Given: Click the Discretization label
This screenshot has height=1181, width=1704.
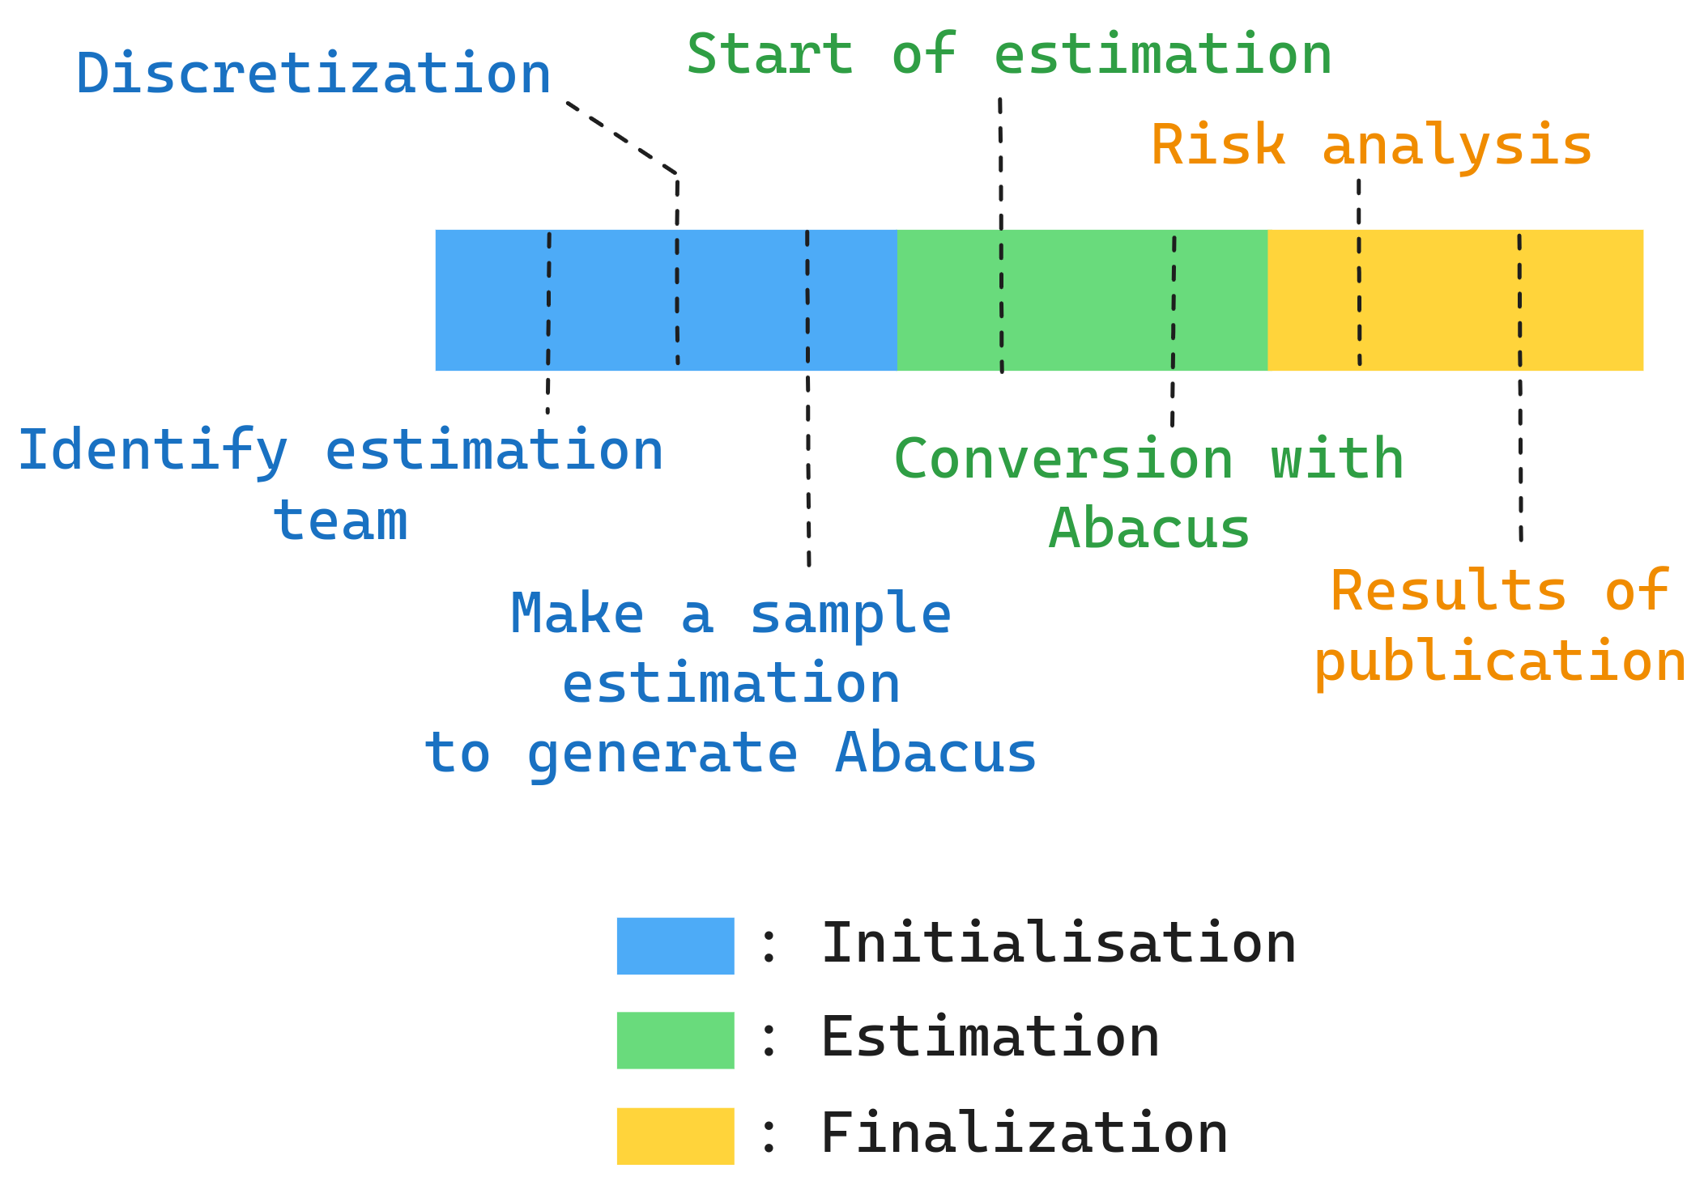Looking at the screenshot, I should point(313,74).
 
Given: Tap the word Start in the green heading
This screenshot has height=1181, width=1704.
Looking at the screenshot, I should point(769,54).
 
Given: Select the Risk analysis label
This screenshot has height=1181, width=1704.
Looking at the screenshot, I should point(1371,146).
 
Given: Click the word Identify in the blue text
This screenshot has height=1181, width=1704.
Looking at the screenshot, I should point(152,451).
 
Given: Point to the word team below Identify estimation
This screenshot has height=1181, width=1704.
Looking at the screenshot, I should point(340,520).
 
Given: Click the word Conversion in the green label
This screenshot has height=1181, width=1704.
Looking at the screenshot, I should point(1063,459).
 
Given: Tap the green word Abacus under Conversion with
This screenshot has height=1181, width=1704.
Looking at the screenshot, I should point(1148,529).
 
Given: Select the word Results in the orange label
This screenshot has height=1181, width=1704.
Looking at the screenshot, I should point(1448,591).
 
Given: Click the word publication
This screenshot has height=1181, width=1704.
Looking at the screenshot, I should point(1500,661).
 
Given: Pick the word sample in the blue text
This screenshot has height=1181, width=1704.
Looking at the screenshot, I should point(850,614).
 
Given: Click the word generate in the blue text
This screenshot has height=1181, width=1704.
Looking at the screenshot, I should point(662,754).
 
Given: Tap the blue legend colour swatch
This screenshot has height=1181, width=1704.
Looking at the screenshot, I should point(675,945).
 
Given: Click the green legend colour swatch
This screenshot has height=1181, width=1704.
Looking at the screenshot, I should point(675,1040).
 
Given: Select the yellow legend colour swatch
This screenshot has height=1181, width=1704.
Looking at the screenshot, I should point(675,1136).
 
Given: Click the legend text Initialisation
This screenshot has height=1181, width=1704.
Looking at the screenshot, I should point(1058,944).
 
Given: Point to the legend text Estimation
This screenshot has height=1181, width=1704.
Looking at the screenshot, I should point(990,1038).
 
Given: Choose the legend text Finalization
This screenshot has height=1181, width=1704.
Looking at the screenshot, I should point(1024,1133).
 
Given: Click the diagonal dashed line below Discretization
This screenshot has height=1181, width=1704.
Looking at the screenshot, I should point(621,138).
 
